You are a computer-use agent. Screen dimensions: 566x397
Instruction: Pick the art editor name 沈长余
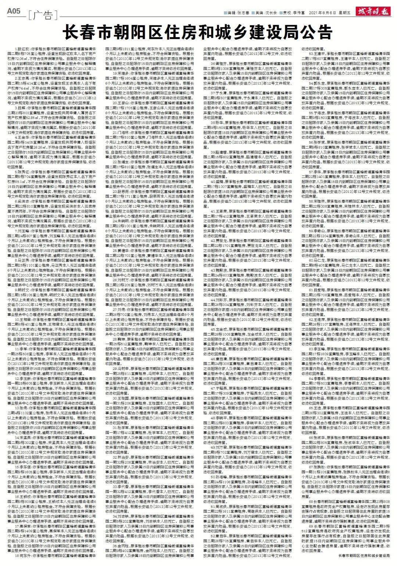click(270, 13)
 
